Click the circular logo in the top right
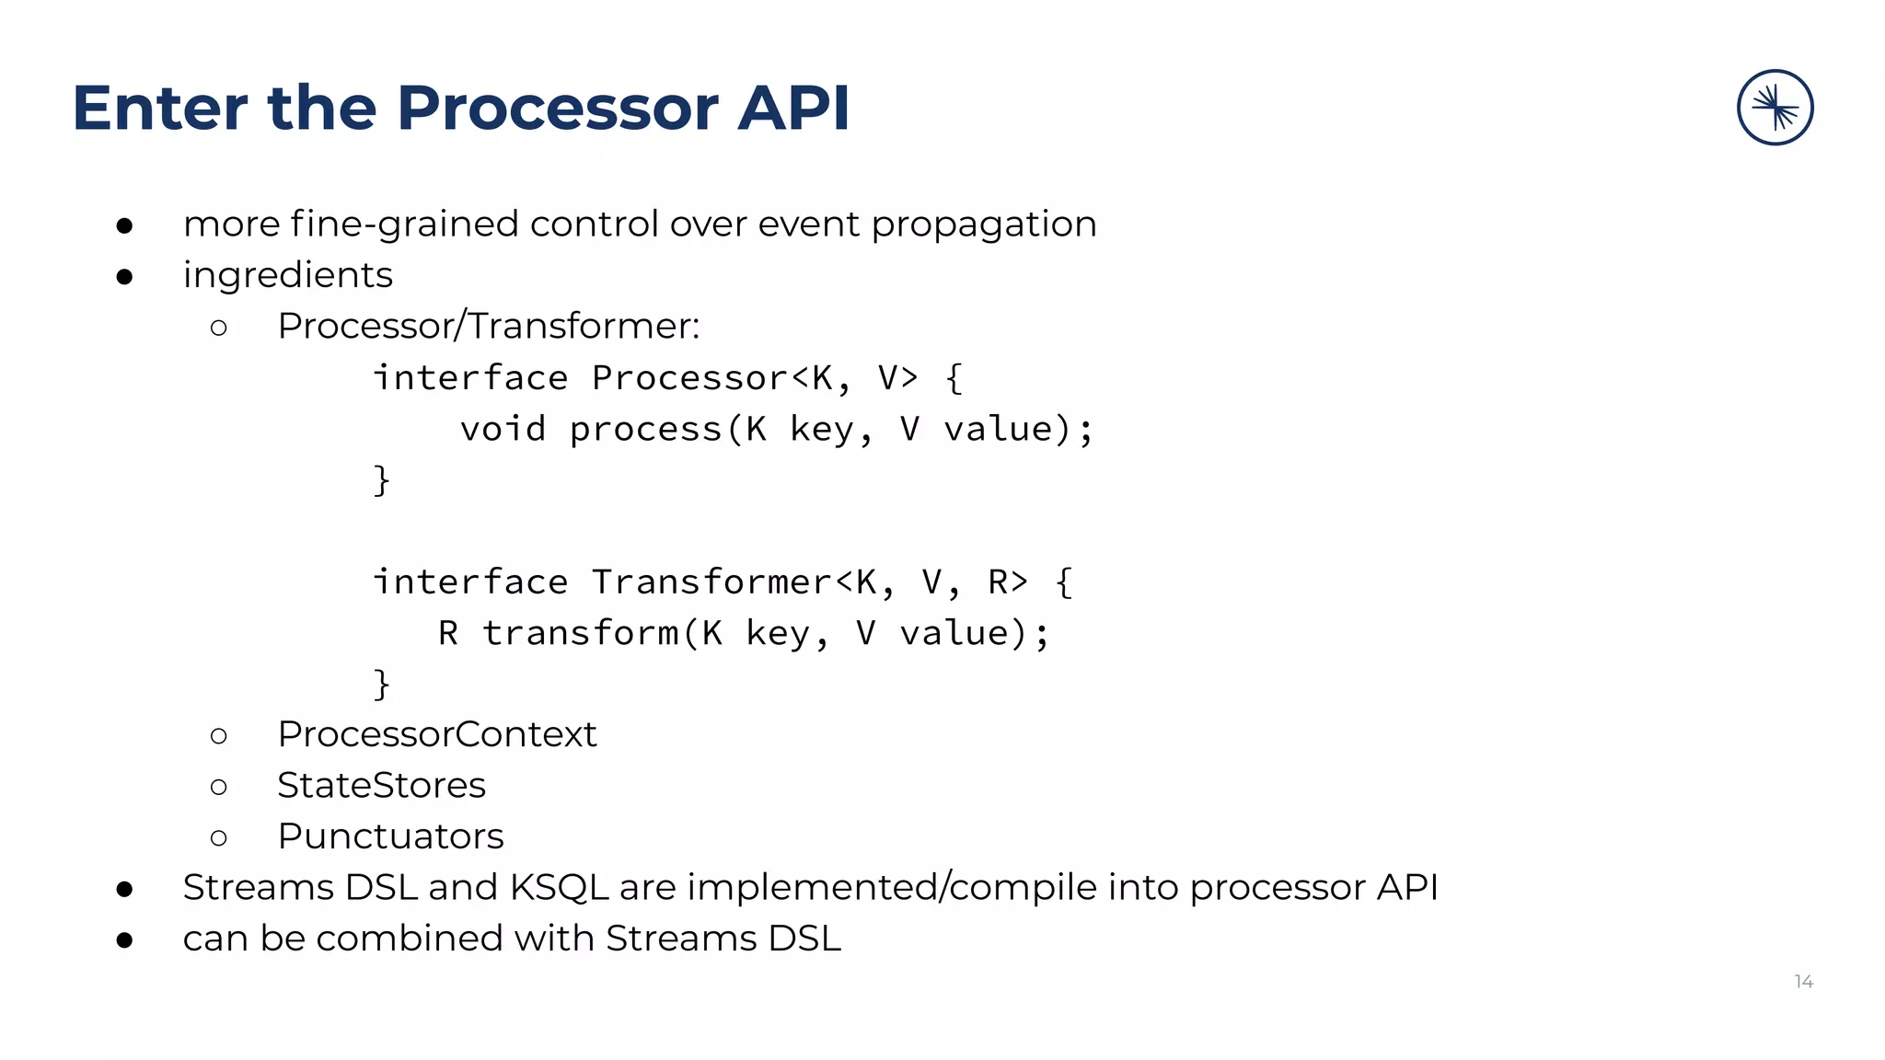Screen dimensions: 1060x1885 pos(1775,108)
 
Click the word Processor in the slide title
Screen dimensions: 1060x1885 pos(557,109)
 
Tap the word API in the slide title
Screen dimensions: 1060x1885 pos(793,109)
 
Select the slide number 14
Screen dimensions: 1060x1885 pos(1803,982)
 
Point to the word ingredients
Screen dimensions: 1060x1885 pos(287,275)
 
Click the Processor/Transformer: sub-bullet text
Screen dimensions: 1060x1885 pos(489,326)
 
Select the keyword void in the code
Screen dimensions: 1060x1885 pos(503,430)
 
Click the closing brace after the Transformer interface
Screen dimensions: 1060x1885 pos(381,684)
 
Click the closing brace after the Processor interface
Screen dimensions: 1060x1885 pos(381,480)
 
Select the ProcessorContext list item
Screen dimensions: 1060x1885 pos(437,734)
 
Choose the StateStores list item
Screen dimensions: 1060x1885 pos(381,786)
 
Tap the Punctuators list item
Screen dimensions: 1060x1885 pos(390,836)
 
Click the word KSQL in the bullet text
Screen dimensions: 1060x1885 pos(559,887)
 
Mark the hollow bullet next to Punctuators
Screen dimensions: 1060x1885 pos(218,837)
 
